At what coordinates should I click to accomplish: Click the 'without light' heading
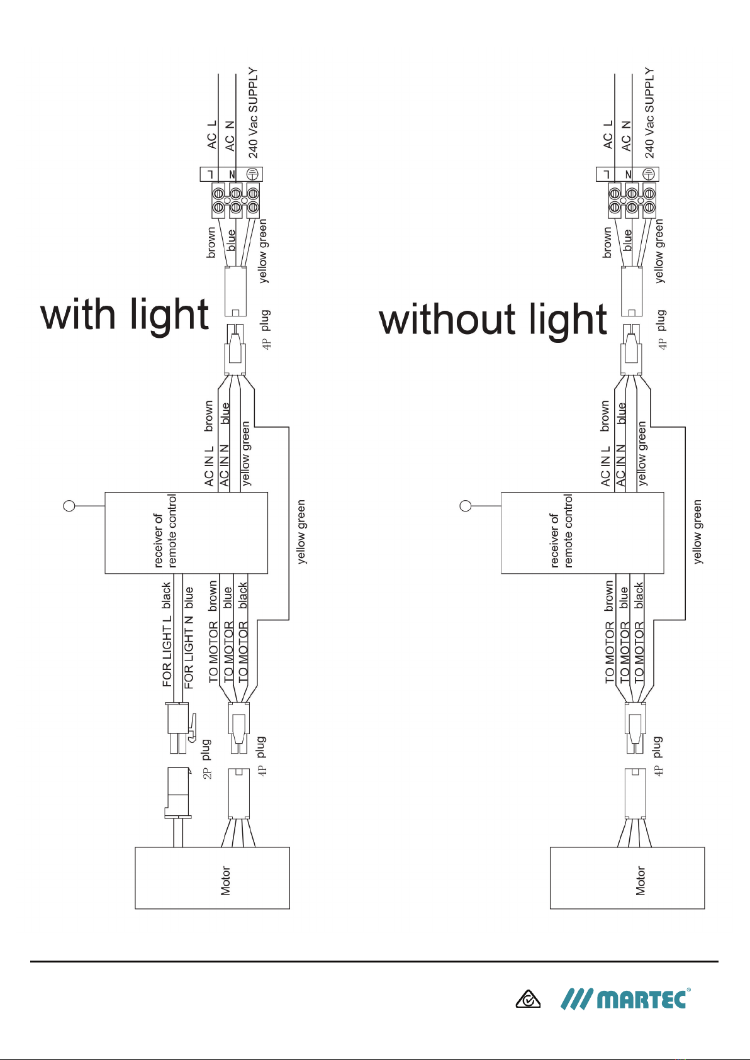pyautogui.click(x=493, y=320)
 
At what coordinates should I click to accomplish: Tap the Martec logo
pyautogui.click(x=625, y=999)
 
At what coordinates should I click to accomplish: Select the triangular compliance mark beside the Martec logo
pyautogui.click(x=528, y=1000)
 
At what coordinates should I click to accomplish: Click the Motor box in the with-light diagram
pyautogui.click(x=212, y=878)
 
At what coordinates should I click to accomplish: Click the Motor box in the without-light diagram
pyautogui.click(x=627, y=878)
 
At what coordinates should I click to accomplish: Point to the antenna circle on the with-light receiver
pyautogui.click(x=69, y=506)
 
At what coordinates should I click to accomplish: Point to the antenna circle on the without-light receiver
pyautogui.click(x=466, y=506)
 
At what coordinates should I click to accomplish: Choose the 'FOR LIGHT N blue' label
pyautogui.click(x=188, y=637)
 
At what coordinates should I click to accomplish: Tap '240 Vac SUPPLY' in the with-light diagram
pyautogui.click(x=253, y=113)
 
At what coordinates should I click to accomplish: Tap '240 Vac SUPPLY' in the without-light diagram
pyautogui.click(x=650, y=113)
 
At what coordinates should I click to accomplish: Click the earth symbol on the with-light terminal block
pyautogui.click(x=253, y=174)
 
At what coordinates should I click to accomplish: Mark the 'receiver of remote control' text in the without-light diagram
pyautogui.click(x=561, y=531)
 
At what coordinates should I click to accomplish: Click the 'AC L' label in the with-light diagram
pyautogui.click(x=211, y=135)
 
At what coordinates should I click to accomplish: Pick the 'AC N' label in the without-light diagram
pyautogui.click(x=626, y=136)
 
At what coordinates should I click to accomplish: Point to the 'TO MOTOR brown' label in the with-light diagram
pyautogui.click(x=213, y=632)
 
